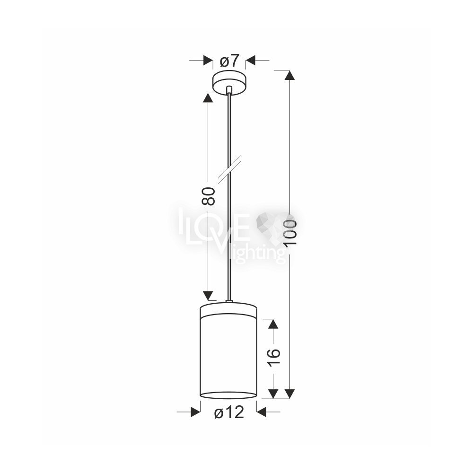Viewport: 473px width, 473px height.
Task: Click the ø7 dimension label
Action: [x=229, y=61]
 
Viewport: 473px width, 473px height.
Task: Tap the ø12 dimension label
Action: [x=229, y=412]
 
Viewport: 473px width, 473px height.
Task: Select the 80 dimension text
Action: [x=209, y=196]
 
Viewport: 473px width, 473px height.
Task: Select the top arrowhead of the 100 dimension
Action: [x=289, y=75]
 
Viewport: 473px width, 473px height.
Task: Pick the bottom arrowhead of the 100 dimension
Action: [x=289, y=394]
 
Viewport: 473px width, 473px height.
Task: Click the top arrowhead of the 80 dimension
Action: [x=208, y=97]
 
